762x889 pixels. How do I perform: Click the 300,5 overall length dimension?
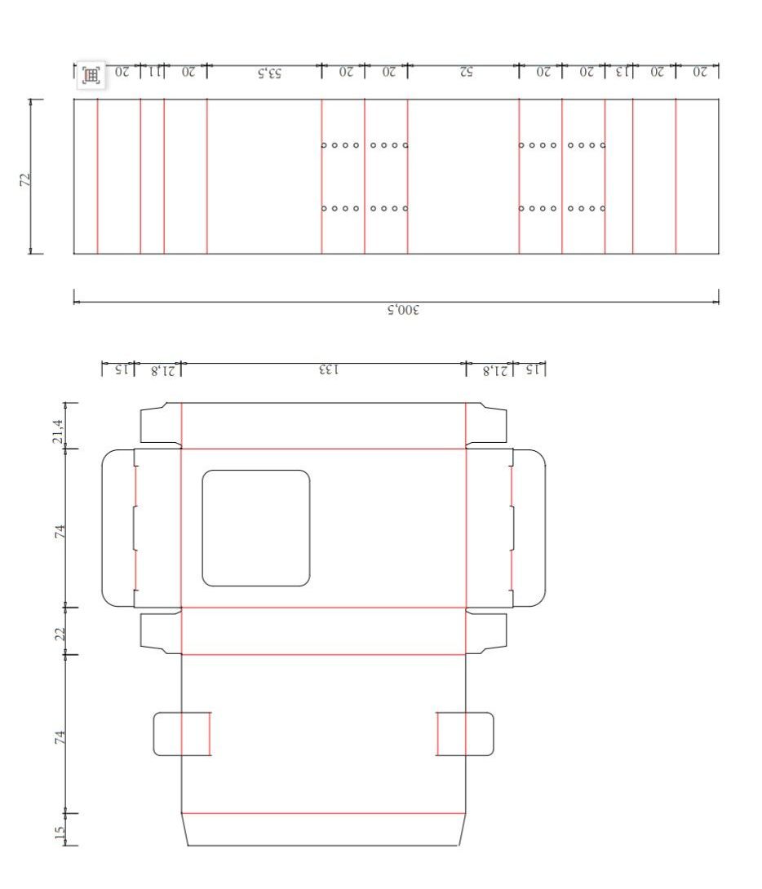(x=403, y=310)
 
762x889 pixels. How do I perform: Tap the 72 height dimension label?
(x=25, y=179)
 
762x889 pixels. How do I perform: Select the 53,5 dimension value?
(x=270, y=73)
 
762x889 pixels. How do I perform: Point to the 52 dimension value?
(x=466, y=72)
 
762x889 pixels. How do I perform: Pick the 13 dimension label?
(x=623, y=72)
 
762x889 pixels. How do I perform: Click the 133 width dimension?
(x=329, y=369)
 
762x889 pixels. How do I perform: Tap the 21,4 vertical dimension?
(x=58, y=432)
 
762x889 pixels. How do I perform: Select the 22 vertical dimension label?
(x=60, y=634)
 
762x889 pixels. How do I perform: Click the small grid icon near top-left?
(x=91, y=75)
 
